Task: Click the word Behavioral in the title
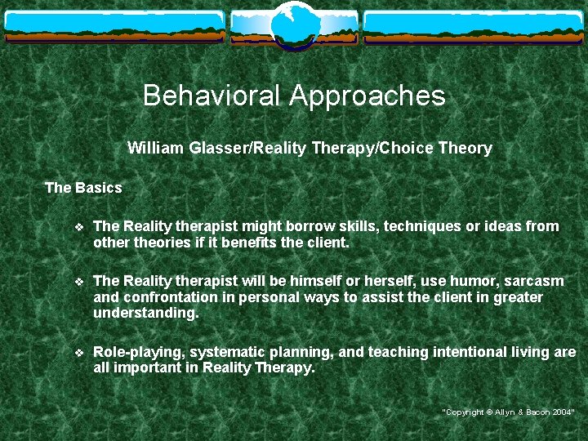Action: [212, 96]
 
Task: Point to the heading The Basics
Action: [82, 188]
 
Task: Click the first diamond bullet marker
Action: [78, 227]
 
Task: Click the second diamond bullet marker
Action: [78, 282]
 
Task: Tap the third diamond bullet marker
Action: [78, 353]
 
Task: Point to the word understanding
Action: [145, 314]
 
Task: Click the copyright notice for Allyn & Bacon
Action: [508, 412]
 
